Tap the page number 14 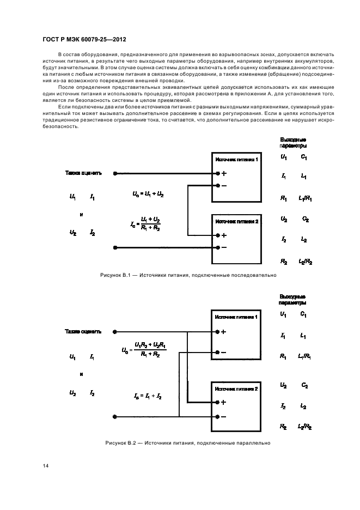coord(45,465)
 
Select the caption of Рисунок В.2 coord(188,442)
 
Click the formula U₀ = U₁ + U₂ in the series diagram coord(148,195)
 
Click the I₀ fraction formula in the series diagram coord(146,223)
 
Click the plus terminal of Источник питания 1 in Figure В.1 coord(218,174)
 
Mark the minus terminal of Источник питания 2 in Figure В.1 coord(218,248)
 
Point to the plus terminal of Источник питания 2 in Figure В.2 coord(218,403)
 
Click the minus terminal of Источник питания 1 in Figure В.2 coord(218,351)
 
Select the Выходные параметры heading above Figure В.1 coord(292,143)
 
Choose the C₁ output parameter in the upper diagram coord(304,157)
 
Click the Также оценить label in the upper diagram coord(83,173)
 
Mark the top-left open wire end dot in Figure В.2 coord(114,331)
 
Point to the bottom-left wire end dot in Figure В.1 coord(114,248)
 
